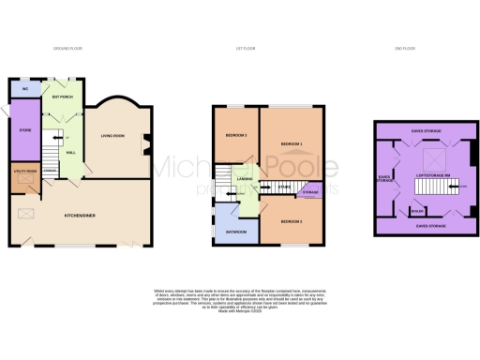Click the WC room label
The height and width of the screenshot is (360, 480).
[24, 89]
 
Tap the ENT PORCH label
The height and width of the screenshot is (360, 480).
[63, 97]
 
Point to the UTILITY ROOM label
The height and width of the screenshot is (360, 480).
[25, 172]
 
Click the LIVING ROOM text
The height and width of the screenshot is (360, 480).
[113, 137]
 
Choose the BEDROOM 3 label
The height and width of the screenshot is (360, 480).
[235, 137]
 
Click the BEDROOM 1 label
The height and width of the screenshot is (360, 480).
[292, 143]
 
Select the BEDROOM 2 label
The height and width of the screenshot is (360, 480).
[291, 221]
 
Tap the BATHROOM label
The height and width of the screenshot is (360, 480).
[236, 231]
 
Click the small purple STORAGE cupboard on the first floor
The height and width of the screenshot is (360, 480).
[308, 192]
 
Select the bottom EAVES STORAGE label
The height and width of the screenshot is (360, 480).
[426, 226]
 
